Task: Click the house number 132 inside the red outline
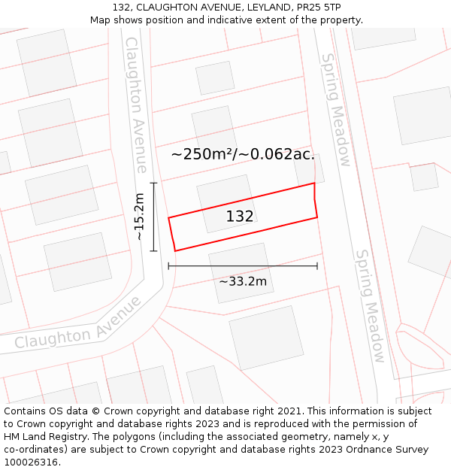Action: [x=240, y=217]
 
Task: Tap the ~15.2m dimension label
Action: [x=139, y=217]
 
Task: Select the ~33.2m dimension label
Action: [x=243, y=281]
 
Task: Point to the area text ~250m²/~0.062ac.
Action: [x=243, y=154]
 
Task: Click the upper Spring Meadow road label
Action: [x=336, y=110]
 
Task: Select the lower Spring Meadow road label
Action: [x=370, y=306]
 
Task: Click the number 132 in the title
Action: [x=123, y=8]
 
